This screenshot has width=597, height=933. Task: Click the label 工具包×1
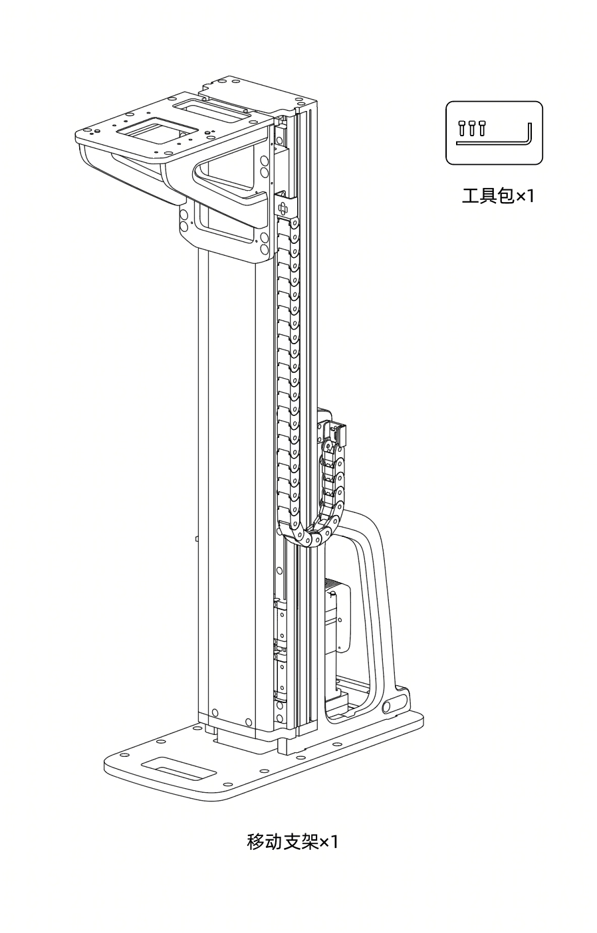coord(497,195)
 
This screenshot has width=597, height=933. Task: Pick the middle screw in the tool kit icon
coord(471,128)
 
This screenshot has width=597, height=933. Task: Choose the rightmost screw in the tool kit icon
coord(482,128)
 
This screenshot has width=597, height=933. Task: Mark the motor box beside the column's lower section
coord(336,617)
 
